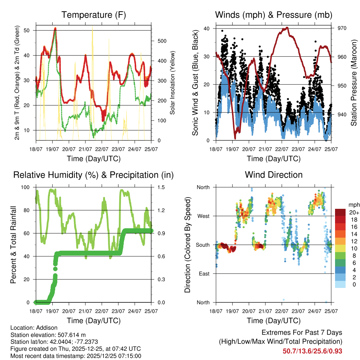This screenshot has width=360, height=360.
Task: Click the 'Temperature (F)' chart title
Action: (x=94, y=15)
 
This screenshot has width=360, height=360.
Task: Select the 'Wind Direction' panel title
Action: (x=274, y=175)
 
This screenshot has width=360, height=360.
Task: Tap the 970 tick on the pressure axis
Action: (x=342, y=28)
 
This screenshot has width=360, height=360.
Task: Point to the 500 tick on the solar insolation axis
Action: (x=162, y=41)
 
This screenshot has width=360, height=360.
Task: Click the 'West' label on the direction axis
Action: (x=203, y=216)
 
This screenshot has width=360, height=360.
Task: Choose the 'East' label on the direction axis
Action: (x=204, y=274)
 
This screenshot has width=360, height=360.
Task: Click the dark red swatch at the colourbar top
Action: (x=340, y=212)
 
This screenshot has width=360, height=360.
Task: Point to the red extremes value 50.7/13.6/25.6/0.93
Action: (x=312, y=351)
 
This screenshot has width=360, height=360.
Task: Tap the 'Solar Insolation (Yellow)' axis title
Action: (x=172, y=83)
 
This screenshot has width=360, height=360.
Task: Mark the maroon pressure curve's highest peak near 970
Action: (x=287, y=27)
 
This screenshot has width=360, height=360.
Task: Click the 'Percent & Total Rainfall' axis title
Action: (x=13, y=244)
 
